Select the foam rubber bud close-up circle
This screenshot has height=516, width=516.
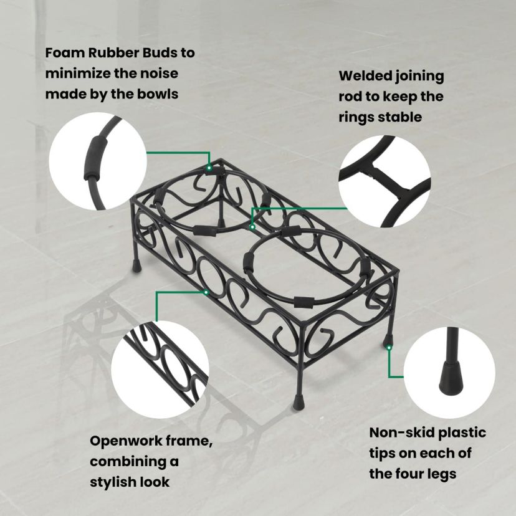click(x=98, y=163)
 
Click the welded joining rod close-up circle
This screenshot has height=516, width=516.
click(x=386, y=182)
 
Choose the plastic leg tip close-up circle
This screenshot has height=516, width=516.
click(x=449, y=372)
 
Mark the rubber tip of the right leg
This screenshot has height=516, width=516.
click(x=388, y=342)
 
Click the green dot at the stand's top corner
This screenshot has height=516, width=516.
click(x=209, y=168)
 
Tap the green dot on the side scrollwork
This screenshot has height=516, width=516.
click(x=206, y=291)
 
